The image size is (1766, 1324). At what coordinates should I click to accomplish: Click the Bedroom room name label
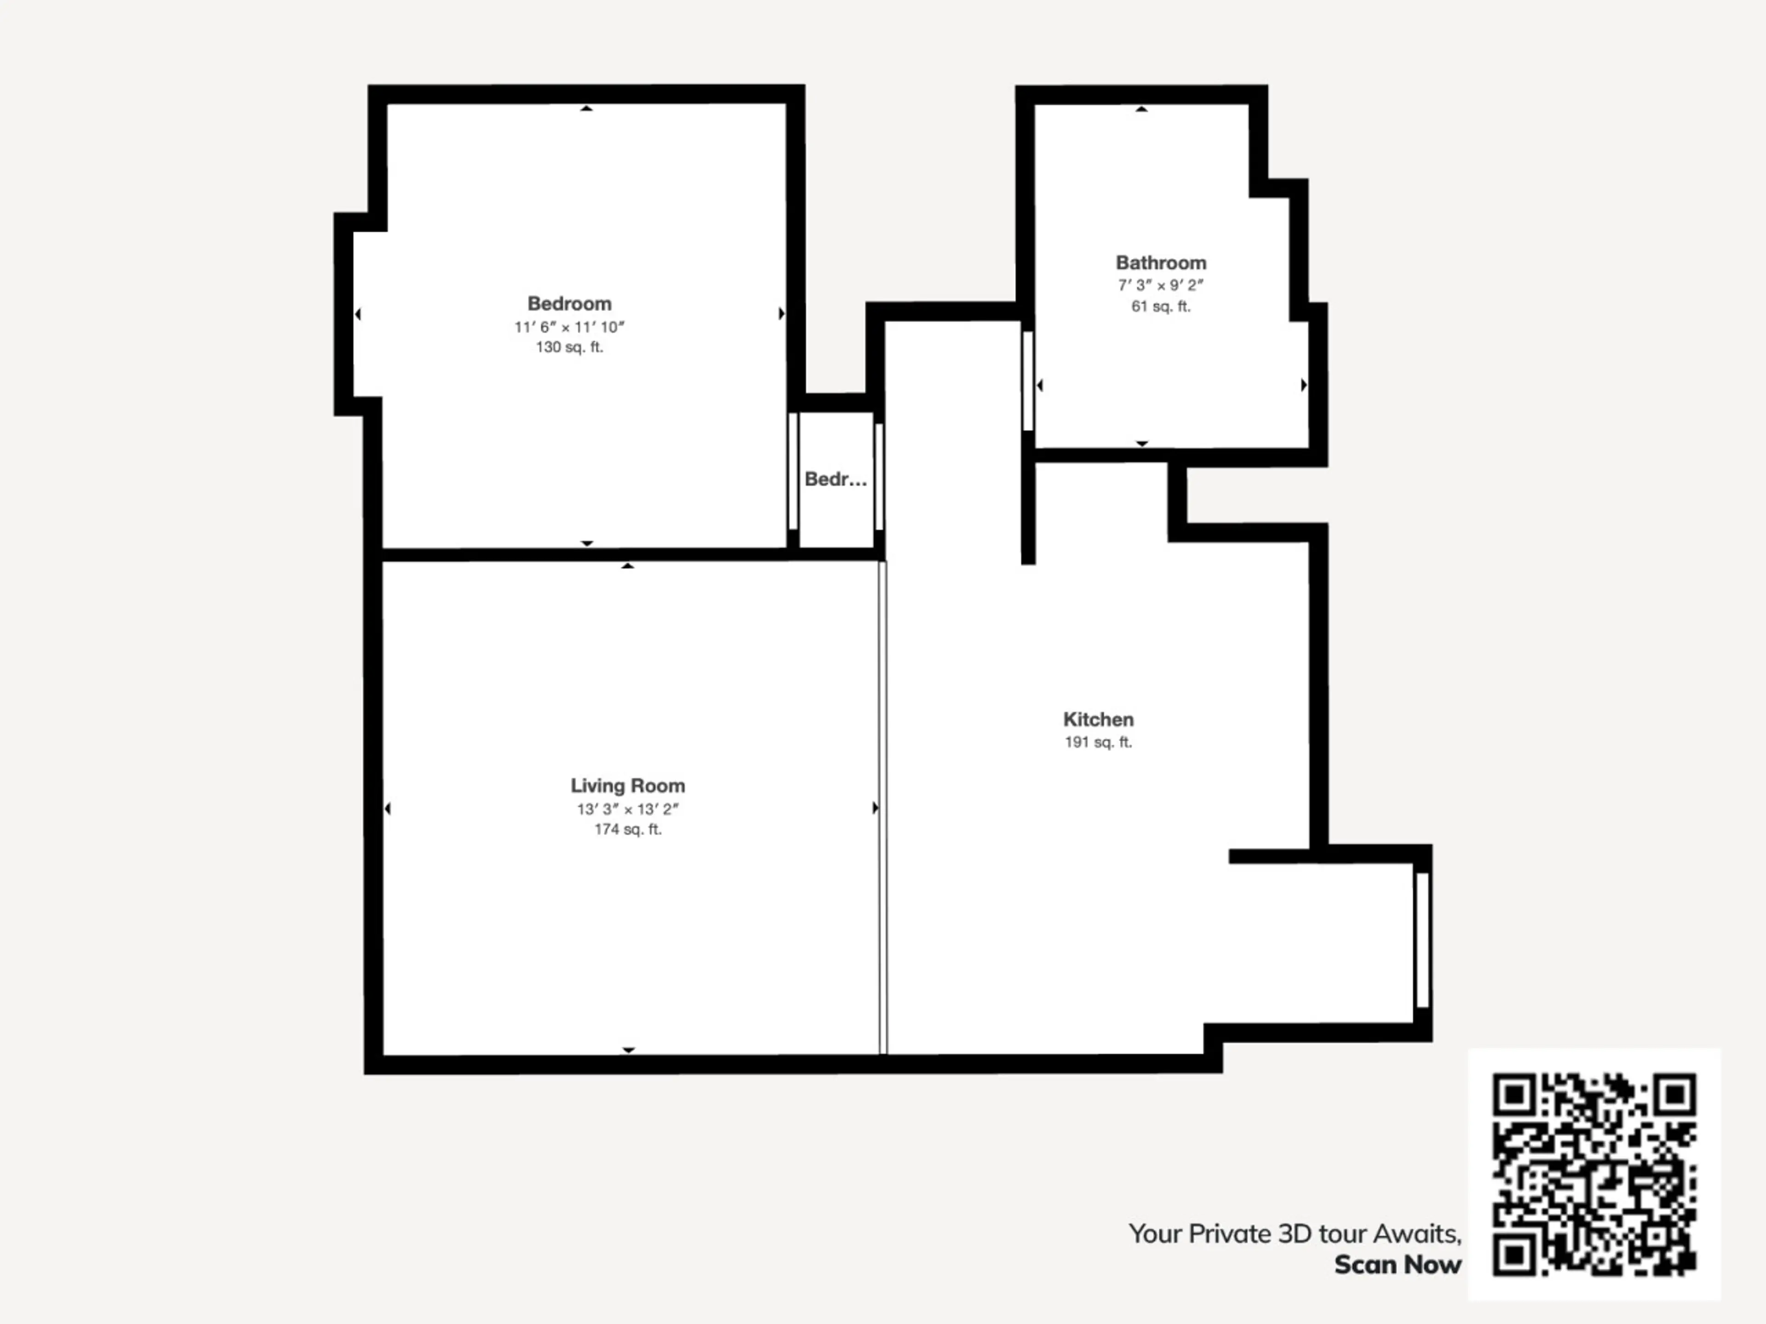click(x=569, y=304)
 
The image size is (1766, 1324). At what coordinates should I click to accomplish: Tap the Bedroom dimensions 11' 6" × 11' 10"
click(x=569, y=327)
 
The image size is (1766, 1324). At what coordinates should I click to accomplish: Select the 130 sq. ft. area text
click(x=569, y=347)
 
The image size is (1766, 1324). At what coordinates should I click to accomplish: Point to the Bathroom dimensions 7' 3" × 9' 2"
click(x=1161, y=285)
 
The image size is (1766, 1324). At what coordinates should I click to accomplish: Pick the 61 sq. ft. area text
click(x=1161, y=307)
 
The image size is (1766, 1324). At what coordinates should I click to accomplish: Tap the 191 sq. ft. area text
click(x=1098, y=742)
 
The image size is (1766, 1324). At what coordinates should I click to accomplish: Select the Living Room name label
click(x=627, y=786)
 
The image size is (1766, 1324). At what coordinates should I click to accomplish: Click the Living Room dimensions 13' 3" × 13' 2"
click(x=627, y=809)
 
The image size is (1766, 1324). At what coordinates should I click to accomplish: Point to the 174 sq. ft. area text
click(x=627, y=830)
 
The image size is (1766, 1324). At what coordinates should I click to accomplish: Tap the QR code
click(x=1594, y=1174)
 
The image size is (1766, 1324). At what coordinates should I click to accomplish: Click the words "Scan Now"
click(x=1398, y=1265)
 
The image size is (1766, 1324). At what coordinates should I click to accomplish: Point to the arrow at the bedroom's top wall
click(x=587, y=108)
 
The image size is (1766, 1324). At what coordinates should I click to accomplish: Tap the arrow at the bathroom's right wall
click(x=1304, y=385)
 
